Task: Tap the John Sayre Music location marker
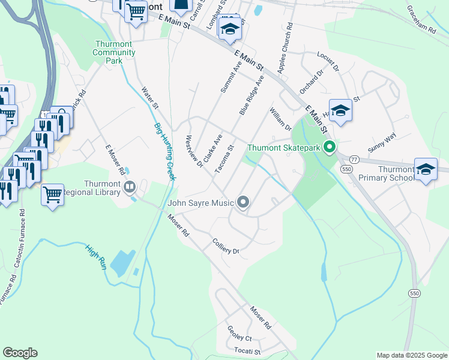tap(243, 203)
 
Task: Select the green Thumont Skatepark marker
tap(329, 146)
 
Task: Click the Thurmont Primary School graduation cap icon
tap(426, 169)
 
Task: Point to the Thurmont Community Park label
tap(114, 52)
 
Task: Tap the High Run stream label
tap(95, 256)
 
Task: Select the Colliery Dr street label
tap(226, 246)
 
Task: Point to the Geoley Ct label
tap(239, 333)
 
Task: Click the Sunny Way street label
tap(382, 142)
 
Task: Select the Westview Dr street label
tap(194, 152)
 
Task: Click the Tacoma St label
tap(224, 160)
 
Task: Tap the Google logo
tap(20, 353)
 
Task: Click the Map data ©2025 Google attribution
tap(412, 355)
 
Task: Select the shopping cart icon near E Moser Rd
tap(53, 194)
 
